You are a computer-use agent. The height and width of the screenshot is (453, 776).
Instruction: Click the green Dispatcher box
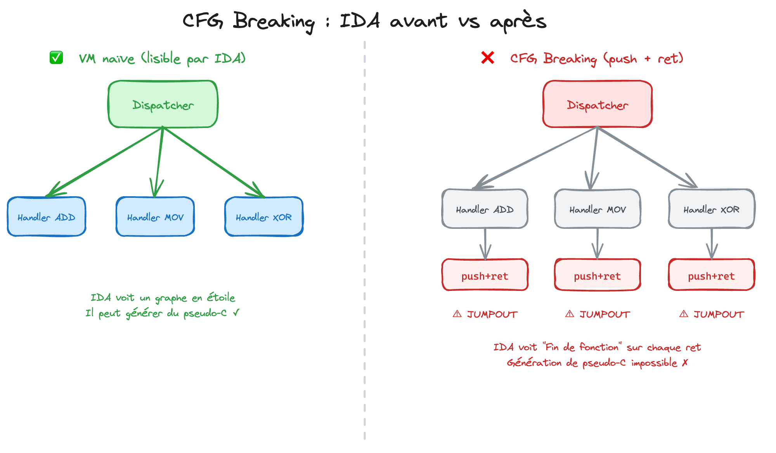163,104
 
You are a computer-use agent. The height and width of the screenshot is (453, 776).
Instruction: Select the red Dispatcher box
597,104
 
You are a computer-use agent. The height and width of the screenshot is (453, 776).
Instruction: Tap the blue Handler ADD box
46,217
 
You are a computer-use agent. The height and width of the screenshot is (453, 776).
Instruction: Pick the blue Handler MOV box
155,217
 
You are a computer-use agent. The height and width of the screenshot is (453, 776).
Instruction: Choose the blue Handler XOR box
264,217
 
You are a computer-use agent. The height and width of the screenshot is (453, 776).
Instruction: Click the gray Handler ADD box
485,209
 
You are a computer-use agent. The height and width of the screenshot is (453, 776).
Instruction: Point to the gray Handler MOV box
598,209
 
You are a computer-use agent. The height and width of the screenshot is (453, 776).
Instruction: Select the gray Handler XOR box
711,209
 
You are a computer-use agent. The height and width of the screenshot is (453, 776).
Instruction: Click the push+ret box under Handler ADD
485,275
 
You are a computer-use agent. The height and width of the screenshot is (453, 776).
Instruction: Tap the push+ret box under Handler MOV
598,275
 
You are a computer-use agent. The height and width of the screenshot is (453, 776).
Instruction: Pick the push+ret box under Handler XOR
711,275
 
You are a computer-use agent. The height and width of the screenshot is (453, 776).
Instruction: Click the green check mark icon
56,58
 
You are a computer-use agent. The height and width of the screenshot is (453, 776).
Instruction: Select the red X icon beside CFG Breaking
488,58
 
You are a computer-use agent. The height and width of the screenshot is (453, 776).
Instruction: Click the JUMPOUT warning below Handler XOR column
712,314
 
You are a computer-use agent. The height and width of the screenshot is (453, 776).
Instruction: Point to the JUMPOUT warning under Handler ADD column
485,314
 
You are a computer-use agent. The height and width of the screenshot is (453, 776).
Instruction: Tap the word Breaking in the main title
274,21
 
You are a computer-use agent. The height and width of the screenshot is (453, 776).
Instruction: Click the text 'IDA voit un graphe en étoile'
163,297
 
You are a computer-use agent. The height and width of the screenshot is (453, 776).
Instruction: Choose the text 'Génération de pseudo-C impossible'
593,363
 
